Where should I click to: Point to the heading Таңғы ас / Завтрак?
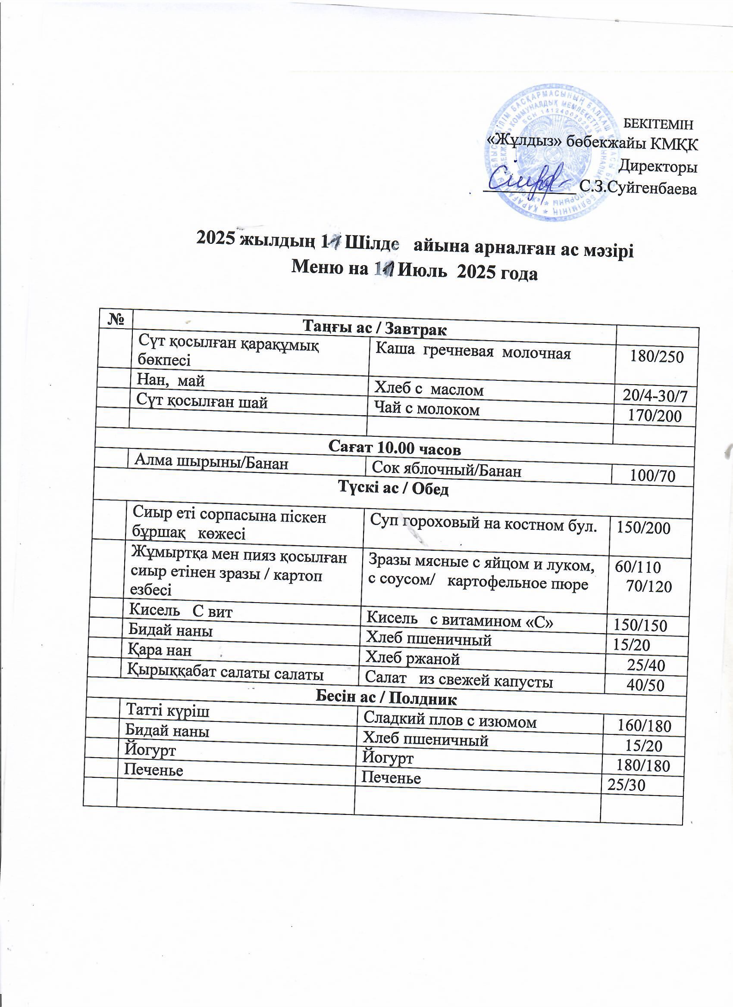tap(374, 328)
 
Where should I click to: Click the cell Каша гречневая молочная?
tap(473, 353)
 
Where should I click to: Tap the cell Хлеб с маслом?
tap(429, 389)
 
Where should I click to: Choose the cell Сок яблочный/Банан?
tap(446, 469)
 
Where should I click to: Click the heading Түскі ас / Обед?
tap(394, 488)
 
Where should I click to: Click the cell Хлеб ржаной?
tap(412, 659)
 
